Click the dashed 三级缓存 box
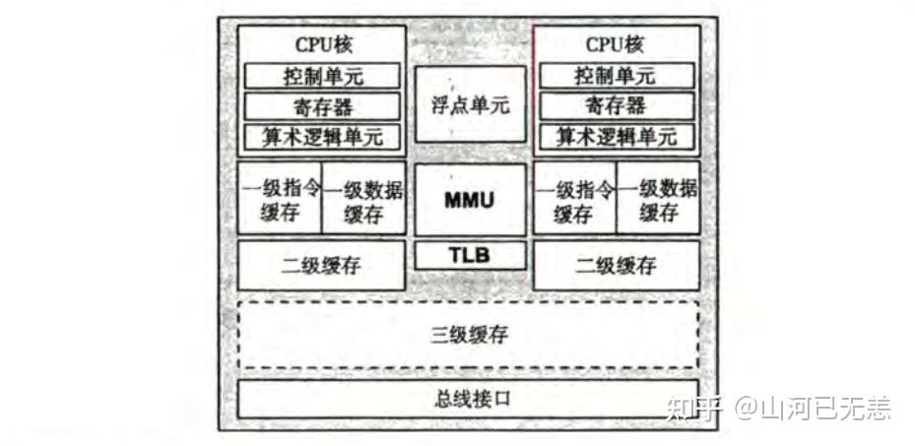(x=469, y=334)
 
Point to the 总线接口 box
(x=469, y=401)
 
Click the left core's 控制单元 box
(x=322, y=76)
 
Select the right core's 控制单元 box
(x=617, y=76)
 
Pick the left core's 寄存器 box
(x=322, y=105)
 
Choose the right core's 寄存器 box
(x=617, y=105)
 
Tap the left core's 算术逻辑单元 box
(x=322, y=136)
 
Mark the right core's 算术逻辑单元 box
(x=617, y=136)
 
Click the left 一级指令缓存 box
(x=281, y=201)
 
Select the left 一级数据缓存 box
(x=363, y=201)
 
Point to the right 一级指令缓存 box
(x=575, y=201)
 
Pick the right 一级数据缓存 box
(x=658, y=201)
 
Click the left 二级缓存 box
(x=322, y=265)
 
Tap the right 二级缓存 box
(x=617, y=265)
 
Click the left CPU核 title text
(x=322, y=44)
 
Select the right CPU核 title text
(x=617, y=44)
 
